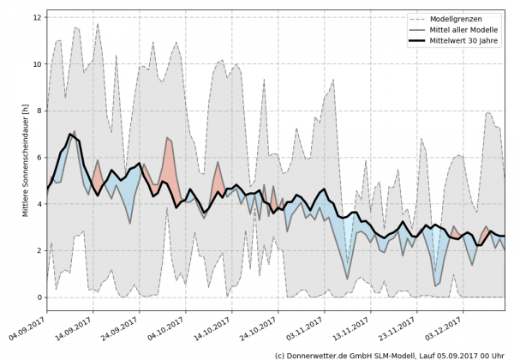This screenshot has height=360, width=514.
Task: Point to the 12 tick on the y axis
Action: pos(38,17)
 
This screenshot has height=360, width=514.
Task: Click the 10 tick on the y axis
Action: pos(38,64)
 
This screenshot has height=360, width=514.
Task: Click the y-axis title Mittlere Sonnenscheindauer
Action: pos(25,159)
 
